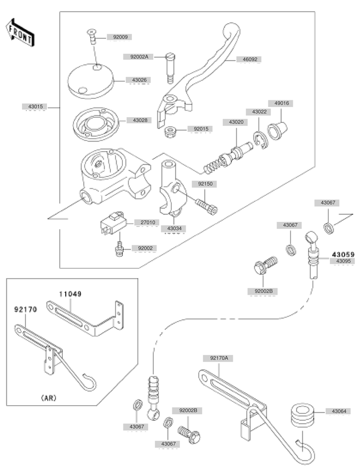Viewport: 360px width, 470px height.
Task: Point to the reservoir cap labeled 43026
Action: click(92, 79)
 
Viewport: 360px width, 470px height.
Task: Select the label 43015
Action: click(35, 106)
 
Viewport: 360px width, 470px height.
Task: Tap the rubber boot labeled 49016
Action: click(278, 130)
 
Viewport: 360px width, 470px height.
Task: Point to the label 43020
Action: click(232, 122)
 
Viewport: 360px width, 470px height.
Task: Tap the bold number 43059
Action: click(341, 254)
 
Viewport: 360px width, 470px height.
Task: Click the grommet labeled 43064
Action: click(302, 415)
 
